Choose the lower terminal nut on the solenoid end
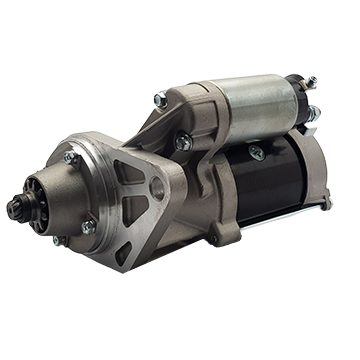pos(315,112)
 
